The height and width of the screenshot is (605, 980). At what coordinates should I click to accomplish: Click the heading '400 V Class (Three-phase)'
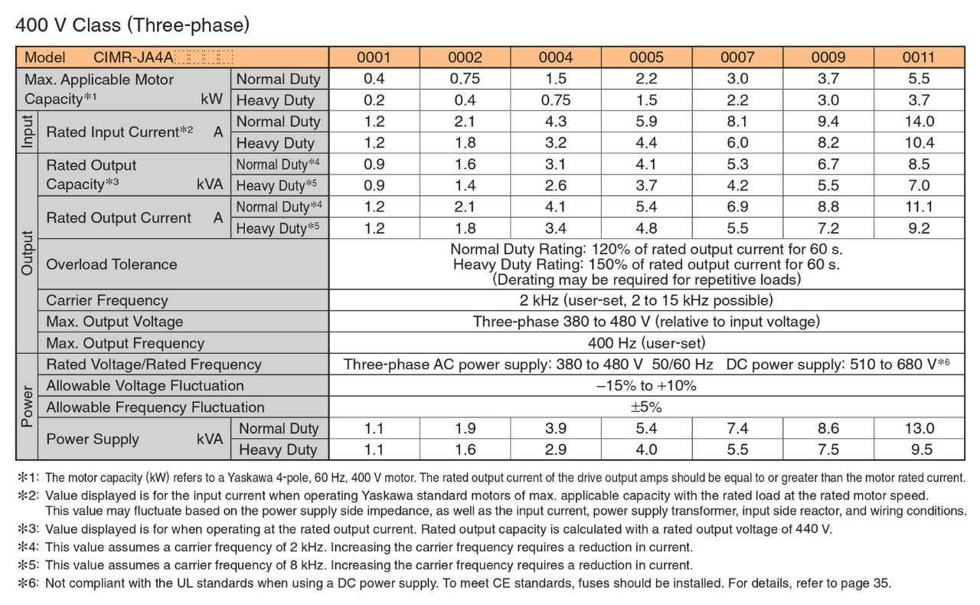(132, 25)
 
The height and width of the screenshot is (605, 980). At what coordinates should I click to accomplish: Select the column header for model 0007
(737, 57)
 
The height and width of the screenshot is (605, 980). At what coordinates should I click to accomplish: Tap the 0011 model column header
(918, 57)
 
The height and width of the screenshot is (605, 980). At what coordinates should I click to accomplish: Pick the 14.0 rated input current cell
(918, 121)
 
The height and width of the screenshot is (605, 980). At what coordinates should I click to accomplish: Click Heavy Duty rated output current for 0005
(647, 228)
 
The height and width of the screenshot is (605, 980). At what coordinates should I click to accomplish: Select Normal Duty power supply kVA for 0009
(828, 428)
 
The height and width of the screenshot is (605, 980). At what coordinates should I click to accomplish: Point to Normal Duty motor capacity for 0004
(555, 79)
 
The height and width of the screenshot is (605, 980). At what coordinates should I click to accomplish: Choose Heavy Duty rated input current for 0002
(465, 142)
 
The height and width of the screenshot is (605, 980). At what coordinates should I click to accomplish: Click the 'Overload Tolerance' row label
(112, 264)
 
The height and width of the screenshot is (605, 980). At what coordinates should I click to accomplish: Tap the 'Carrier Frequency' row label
(107, 300)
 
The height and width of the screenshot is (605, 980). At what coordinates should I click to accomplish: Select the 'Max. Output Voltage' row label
(115, 322)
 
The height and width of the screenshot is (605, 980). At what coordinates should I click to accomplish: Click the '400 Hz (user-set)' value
(646, 343)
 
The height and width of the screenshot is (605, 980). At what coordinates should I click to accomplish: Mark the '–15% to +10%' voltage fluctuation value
(646, 386)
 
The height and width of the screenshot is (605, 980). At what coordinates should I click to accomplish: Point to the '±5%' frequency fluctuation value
(646, 407)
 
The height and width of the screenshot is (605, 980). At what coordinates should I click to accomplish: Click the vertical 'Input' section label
(27, 132)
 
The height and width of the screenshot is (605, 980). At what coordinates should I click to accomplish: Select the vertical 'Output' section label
(27, 253)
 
